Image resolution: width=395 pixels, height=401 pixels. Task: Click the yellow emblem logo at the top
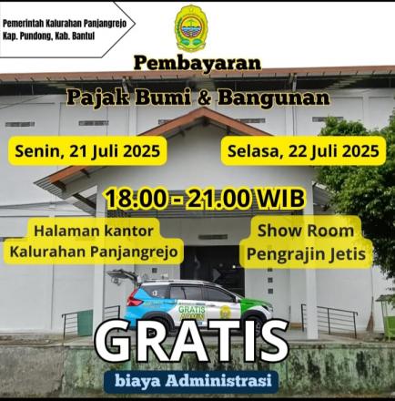(191, 27)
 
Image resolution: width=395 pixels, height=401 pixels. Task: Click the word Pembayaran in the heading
(197, 63)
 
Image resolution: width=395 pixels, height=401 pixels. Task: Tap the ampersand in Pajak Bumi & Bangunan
(204, 98)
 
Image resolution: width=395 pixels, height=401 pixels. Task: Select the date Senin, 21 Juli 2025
(87, 151)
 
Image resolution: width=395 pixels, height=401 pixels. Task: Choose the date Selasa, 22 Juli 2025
(303, 151)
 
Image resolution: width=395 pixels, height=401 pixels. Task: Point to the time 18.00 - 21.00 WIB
(205, 199)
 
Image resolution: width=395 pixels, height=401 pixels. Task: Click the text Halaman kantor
(94, 231)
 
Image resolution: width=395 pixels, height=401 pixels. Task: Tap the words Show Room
(306, 231)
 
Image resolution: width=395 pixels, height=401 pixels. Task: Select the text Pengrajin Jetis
(306, 254)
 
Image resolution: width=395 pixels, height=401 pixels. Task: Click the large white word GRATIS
(191, 340)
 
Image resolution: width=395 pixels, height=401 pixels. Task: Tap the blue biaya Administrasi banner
(191, 381)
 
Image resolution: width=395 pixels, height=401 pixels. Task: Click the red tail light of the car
(134, 299)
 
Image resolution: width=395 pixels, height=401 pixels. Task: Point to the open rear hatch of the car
(122, 276)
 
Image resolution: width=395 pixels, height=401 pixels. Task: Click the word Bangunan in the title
(274, 98)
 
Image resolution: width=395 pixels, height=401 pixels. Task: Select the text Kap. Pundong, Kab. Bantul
(48, 36)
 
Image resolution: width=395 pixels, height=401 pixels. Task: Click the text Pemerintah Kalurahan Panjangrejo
(65, 24)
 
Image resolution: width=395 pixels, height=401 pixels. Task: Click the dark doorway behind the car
(212, 264)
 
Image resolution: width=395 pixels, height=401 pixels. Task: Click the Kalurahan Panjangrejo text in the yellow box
(94, 252)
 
